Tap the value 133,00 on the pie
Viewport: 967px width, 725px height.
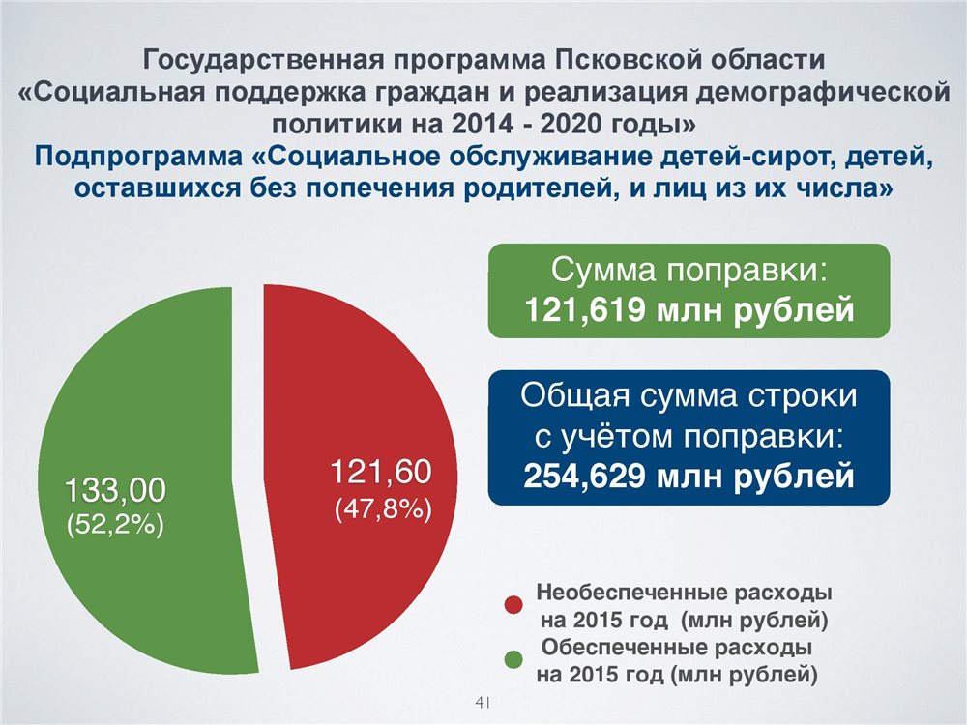115,491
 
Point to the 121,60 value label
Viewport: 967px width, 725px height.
381,472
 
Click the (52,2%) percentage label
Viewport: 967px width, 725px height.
115,525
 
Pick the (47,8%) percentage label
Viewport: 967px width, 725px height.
383,510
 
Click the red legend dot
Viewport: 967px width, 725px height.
513,605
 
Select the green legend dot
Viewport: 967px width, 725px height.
513,659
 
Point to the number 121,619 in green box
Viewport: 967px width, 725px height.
585,310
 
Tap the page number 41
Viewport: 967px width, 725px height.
483,702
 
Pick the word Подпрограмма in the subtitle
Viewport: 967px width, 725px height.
138,157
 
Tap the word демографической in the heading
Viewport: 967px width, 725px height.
824,93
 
